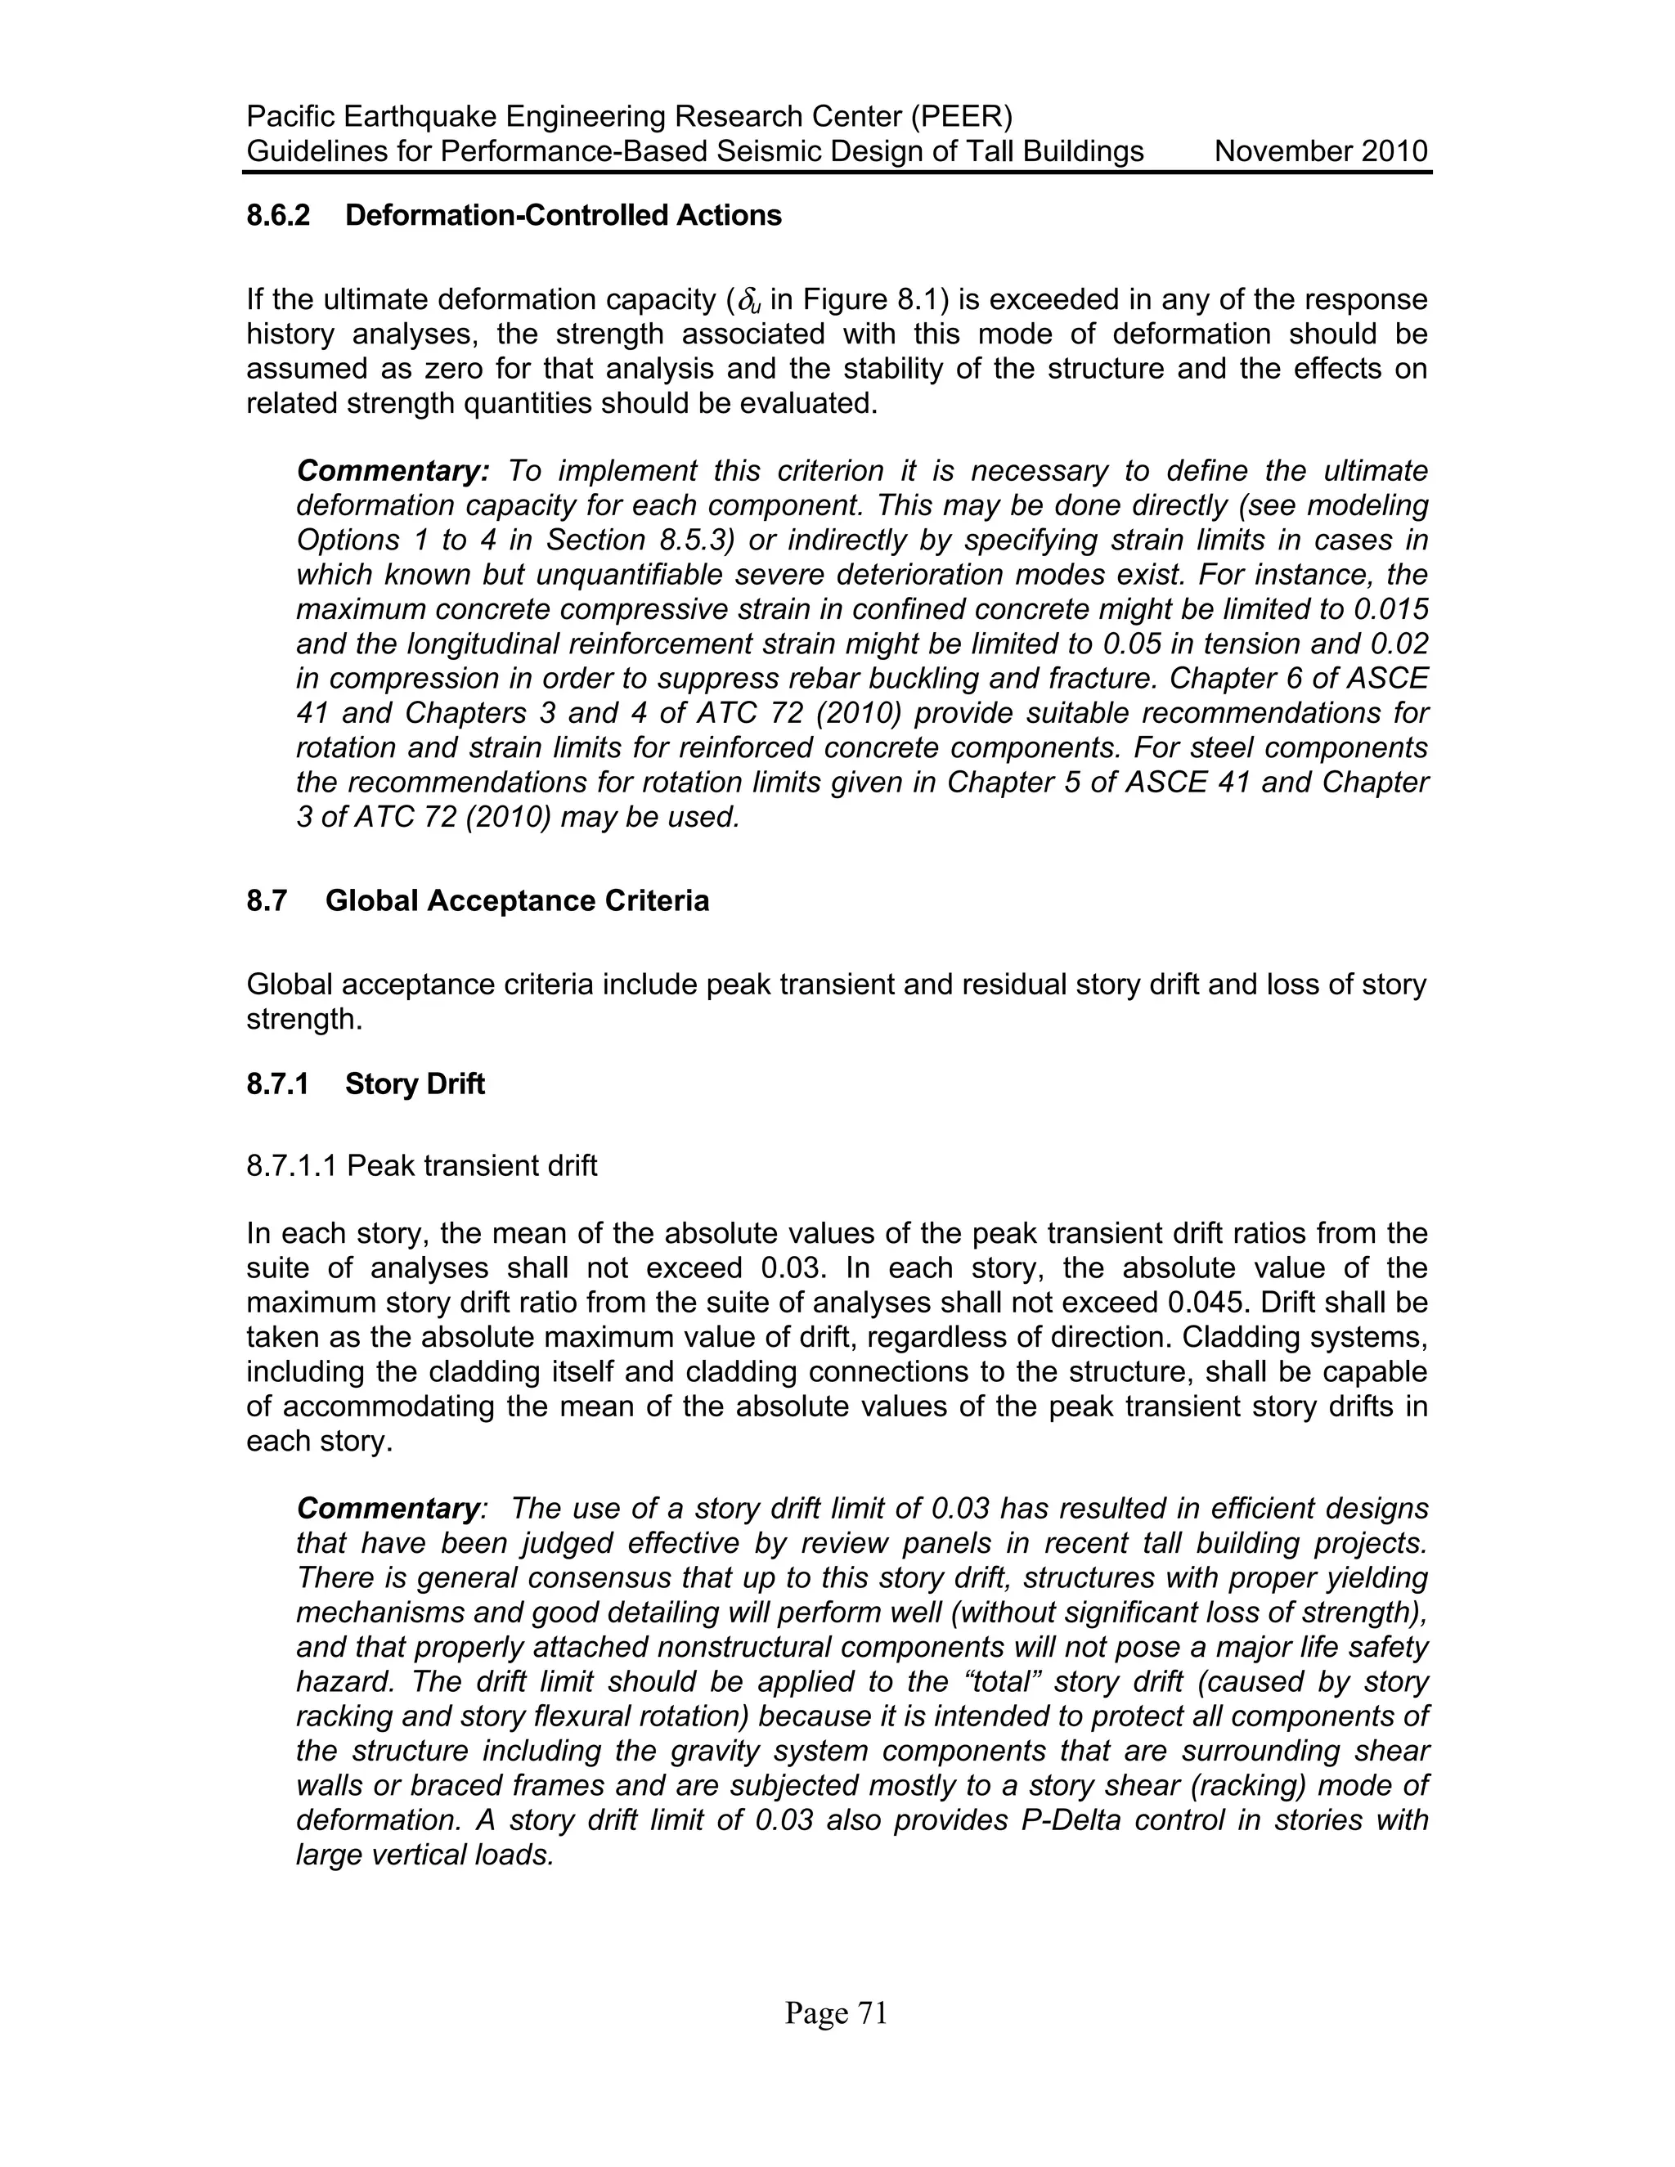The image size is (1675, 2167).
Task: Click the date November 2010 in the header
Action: (x=1321, y=152)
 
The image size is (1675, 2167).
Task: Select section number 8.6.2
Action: (x=278, y=215)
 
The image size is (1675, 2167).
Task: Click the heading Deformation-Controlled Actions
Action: (x=563, y=215)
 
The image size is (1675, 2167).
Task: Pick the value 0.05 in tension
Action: (x=1130, y=644)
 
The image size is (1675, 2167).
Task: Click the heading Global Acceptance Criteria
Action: (x=517, y=901)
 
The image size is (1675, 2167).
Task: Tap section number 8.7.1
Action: (x=278, y=1083)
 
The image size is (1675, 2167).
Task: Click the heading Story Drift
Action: (x=415, y=1083)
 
